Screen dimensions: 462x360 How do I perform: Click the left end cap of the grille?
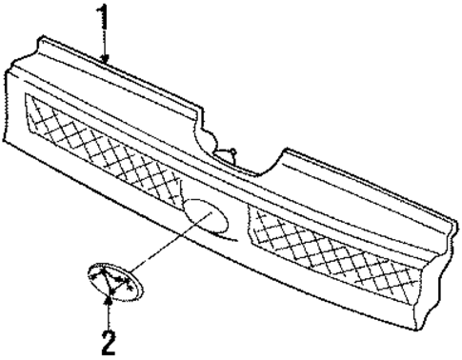coord(13,105)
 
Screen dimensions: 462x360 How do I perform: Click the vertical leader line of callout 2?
coord(110,314)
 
